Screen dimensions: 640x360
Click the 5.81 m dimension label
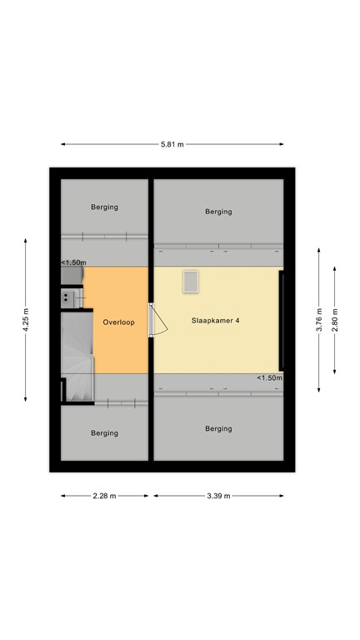pos(172,144)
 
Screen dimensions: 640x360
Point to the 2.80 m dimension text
pos(335,320)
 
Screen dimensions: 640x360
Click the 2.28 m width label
pos(105,496)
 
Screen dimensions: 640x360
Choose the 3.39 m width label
pos(218,496)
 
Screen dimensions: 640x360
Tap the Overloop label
pos(118,322)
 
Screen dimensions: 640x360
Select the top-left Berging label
pos(105,207)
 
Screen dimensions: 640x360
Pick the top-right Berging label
pos(218,212)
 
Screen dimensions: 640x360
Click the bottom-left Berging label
pos(105,432)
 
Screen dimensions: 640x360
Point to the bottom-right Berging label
pos(218,428)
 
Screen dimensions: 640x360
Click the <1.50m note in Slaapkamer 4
pos(269,377)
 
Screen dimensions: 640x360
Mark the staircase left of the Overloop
pos(77,355)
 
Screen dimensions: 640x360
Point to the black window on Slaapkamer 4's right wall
pos(282,320)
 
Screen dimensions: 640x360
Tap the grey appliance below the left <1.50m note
pos(72,276)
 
